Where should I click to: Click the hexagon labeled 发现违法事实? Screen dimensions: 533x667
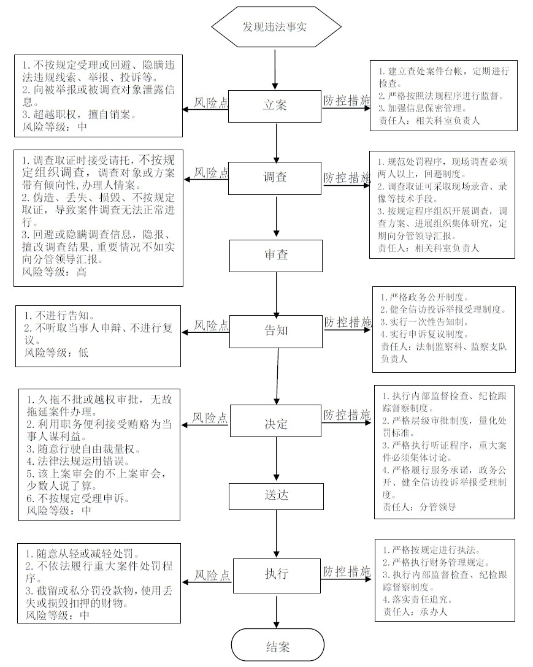pyautogui.click(x=276, y=27)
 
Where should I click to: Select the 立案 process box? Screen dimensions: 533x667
pyautogui.click(x=275, y=106)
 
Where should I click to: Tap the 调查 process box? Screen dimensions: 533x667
pyautogui.click(x=275, y=178)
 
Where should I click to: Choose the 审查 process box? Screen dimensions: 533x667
pyautogui.click(x=276, y=256)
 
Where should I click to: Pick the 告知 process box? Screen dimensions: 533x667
pyautogui.click(x=276, y=332)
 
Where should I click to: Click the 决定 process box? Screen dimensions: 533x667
pyautogui.click(x=276, y=421)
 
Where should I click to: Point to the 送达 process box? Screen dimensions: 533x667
pyautogui.click(x=276, y=497)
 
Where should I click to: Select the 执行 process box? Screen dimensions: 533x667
pyautogui.click(x=277, y=576)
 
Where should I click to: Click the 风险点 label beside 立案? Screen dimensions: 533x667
pyautogui.click(x=211, y=102)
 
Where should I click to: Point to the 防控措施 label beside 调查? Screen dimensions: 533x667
pyautogui.click(x=347, y=178)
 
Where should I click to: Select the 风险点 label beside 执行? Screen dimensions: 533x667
pyautogui.click(x=212, y=576)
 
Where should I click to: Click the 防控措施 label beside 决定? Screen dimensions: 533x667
pyautogui.click(x=347, y=415)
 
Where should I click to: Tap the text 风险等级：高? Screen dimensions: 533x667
pyautogui.click(x=55, y=272)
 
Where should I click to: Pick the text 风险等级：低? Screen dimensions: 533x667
pyautogui.click(x=56, y=353)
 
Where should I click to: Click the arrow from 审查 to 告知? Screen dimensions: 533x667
pyautogui.click(x=276, y=294)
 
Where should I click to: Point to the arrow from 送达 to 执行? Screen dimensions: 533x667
pyautogui.click(x=277, y=535)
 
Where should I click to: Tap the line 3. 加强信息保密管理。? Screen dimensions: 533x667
pyautogui.click(x=423, y=108)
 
